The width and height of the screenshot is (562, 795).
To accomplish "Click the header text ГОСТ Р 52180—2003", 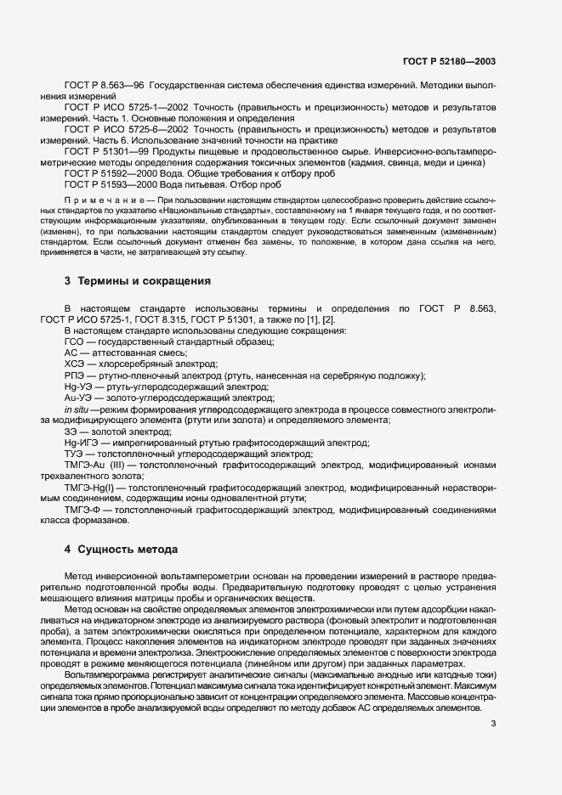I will [x=448, y=62].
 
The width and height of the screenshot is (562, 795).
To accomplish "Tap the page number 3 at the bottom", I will [x=494, y=725].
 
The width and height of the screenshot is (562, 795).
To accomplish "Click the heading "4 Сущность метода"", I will [x=122, y=526].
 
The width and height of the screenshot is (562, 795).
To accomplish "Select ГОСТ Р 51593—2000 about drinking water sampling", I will [x=105, y=184].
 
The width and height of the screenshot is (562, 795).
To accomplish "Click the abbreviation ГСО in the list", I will [x=73, y=341].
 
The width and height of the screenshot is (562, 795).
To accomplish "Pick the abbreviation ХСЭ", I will [x=73, y=363].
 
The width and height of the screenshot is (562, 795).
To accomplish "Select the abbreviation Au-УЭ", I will [x=78, y=396].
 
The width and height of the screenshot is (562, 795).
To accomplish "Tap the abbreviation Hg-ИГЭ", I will [x=81, y=442].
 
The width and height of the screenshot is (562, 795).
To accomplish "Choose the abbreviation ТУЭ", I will [x=73, y=454].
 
